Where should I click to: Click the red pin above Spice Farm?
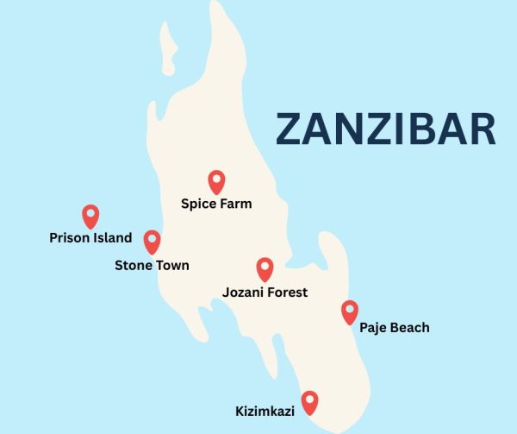(216, 181)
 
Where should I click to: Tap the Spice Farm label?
(216, 204)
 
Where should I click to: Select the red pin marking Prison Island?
(90, 216)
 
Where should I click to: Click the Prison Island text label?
(90, 238)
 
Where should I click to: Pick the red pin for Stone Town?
(152, 242)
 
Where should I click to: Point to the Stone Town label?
(152, 266)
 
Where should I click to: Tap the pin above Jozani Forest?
(265, 269)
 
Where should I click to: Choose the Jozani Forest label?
(265, 292)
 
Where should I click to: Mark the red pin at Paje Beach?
(349, 311)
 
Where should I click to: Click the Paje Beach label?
(394, 328)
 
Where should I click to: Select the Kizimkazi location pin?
(309, 402)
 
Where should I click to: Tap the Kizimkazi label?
(265, 412)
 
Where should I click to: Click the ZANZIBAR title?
(385, 129)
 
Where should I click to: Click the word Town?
(171, 266)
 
